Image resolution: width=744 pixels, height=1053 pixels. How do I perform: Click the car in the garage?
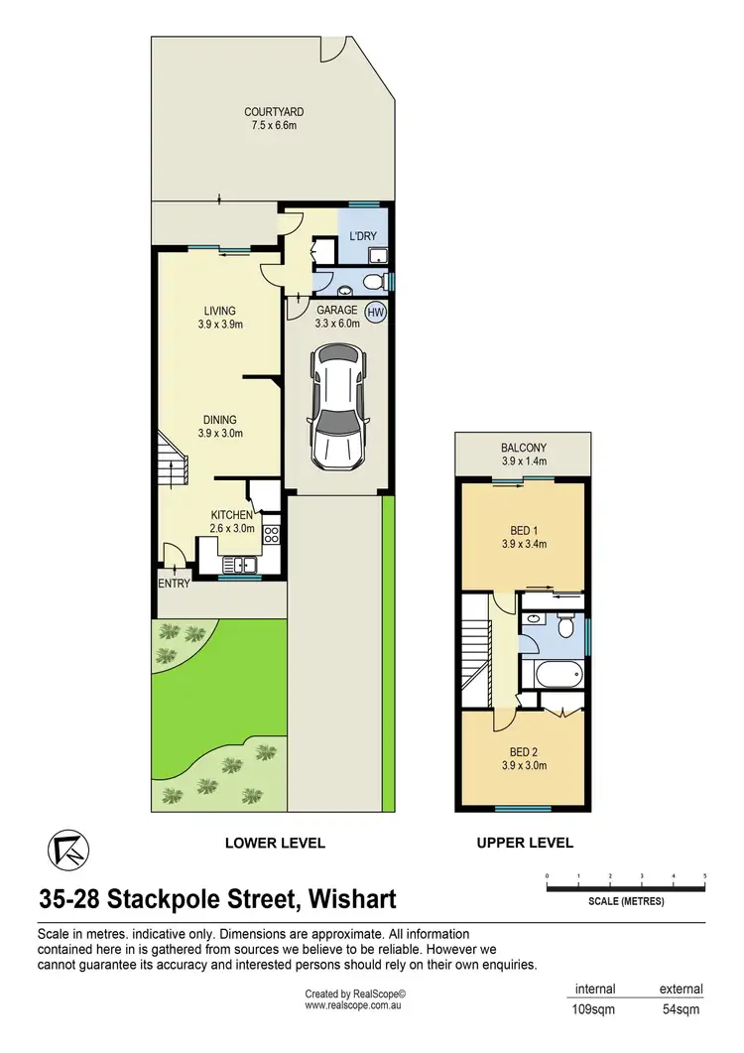coord(337,408)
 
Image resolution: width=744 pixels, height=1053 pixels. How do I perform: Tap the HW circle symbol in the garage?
coord(375,312)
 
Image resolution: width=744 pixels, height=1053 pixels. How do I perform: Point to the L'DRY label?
coord(362,236)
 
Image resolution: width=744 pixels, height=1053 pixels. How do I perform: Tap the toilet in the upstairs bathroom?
coord(566,626)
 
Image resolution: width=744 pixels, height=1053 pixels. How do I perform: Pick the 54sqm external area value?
coord(682,1009)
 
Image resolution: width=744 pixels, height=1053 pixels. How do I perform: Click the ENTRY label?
coord(174,584)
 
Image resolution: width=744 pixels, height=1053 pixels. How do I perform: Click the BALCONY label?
coord(523,448)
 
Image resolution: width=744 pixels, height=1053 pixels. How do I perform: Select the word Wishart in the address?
coord(352,899)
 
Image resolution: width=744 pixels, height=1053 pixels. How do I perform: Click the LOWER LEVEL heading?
coord(275,843)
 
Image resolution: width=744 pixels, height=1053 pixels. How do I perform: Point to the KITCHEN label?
coord(233,515)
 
